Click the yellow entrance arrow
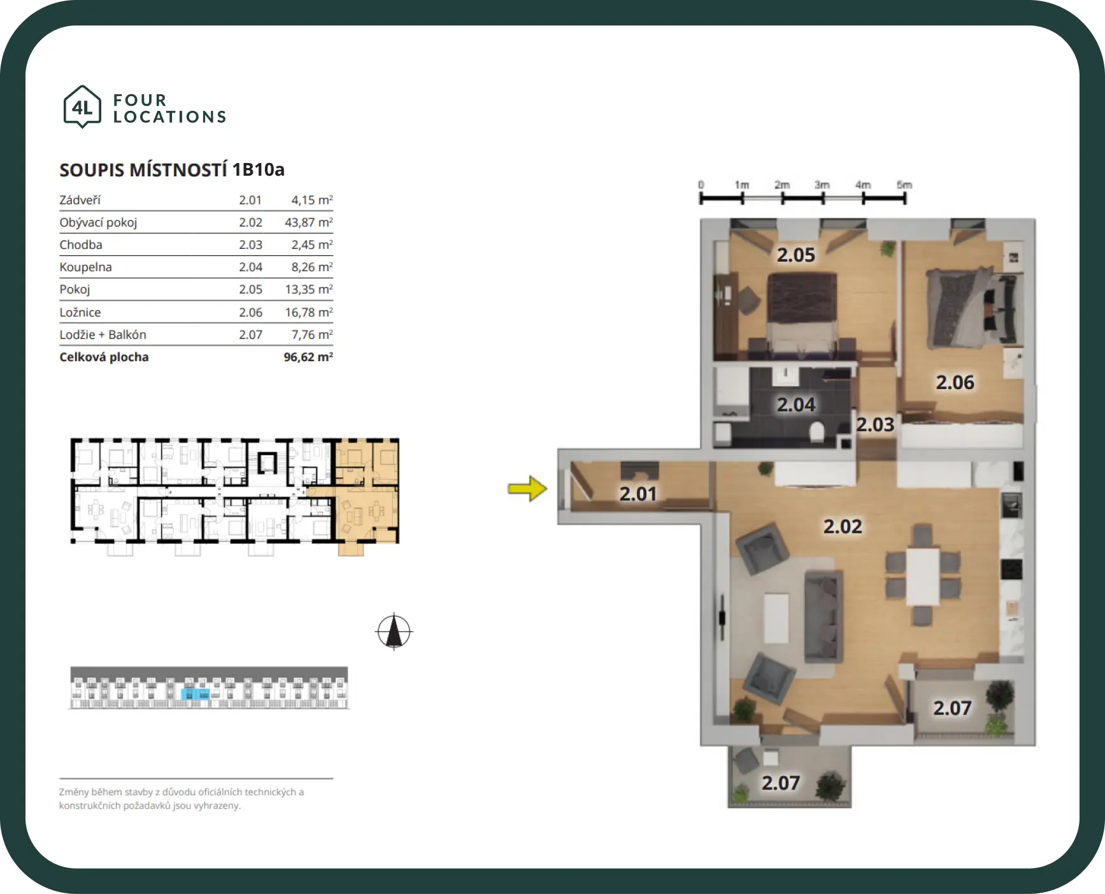point(527,488)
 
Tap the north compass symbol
point(394,632)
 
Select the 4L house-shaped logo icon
point(82,106)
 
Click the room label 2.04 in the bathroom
point(795,404)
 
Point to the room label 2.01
point(638,493)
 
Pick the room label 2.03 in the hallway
point(875,424)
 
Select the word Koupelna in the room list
point(85,267)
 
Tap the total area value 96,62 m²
point(308,357)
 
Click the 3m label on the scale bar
point(822,185)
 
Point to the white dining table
point(923,576)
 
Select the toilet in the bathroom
point(816,433)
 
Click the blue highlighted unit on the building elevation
point(196,694)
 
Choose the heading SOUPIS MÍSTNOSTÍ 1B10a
point(172,169)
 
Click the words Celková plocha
point(104,357)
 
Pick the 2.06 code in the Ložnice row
point(250,312)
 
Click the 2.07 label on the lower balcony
point(780,783)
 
